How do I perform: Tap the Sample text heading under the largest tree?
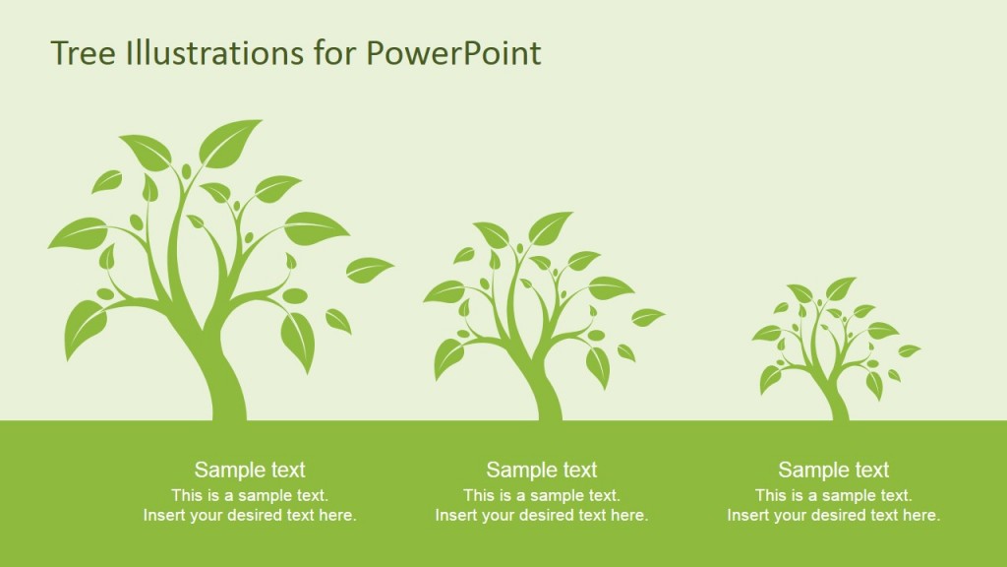coord(250,470)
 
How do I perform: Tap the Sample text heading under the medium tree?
coord(542,470)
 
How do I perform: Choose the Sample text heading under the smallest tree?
coord(834,470)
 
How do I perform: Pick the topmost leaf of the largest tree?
coord(230,141)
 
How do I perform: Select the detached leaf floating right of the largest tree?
coord(370,268)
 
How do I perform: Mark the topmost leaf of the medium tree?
coord(550,227)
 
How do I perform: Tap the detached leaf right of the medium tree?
coord(647,316)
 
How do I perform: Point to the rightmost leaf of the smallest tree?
coord(909,349)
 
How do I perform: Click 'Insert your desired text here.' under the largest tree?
coord(250,515)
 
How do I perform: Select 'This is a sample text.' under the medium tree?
coord(542,495)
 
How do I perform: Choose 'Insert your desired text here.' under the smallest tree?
coord(834,515)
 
